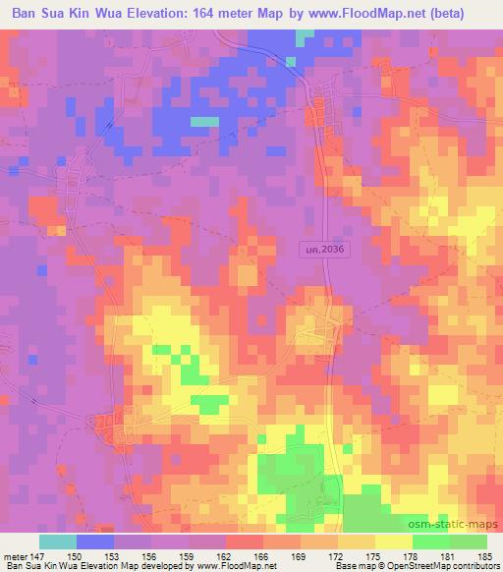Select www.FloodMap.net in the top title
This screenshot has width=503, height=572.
[383, 13]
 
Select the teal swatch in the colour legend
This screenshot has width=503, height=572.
[58, 542]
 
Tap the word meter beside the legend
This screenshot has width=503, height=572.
[13, 556]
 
